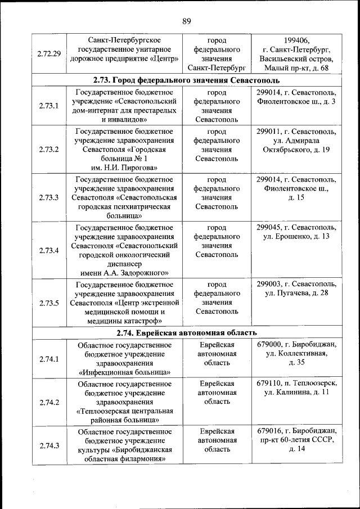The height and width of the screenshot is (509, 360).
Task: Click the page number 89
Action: pyautogui.click(x=187, y=21)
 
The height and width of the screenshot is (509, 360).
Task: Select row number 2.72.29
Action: pyautogui.click(x=49, y=54)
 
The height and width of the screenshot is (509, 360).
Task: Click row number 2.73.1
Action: pyautogui.click(x=49, y=106)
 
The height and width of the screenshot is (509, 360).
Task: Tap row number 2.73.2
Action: pyautogui.click(x=49, y=150)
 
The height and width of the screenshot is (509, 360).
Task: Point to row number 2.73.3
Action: pyautogui.click(x=49, y=197)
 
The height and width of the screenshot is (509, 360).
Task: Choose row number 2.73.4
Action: pyautogui.click(x=49, y=250)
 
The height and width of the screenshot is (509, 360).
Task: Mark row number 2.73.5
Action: pyautogui.click(x=49, y=303)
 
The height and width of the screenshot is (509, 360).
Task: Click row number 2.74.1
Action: pyautogui.click(x=49, y=358)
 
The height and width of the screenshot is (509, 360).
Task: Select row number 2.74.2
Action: pyautogui.click(x=49, y=402)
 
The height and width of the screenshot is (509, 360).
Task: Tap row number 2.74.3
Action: pyautogui.click(x=49, y=445)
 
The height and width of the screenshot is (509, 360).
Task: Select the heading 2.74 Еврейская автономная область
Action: pyautogui.click(x=186, y=333)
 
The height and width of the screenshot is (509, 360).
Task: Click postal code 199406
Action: pyautogui.click(x=296, y=40)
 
